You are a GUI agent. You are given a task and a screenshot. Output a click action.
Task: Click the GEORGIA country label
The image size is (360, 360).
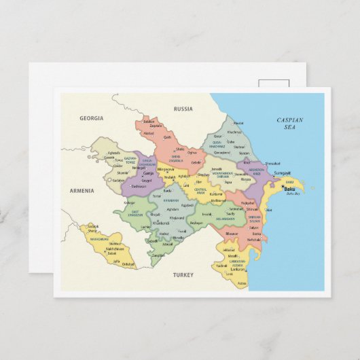click(x=92, y=118)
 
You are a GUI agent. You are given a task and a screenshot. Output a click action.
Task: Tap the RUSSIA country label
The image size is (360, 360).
click(x=183, y=109)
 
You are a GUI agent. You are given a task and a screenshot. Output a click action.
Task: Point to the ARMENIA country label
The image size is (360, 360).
click(x=82, y=191)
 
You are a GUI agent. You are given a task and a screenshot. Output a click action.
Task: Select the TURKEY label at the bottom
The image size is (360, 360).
click(x=183, y=274)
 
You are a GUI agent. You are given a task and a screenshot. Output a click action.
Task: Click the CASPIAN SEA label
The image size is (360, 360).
click(x=290, y=123)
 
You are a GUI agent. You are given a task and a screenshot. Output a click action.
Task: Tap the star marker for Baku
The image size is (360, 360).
click(x=283, y=187)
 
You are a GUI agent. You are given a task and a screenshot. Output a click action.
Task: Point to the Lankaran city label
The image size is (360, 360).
click(x=238, y=269)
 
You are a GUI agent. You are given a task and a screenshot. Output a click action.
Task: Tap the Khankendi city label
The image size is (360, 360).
click(x=160, y=223)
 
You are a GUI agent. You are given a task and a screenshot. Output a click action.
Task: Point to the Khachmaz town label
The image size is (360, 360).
click(x=234, y=132)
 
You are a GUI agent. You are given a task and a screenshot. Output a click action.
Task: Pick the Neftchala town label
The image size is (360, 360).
click(x=253, y=240)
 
